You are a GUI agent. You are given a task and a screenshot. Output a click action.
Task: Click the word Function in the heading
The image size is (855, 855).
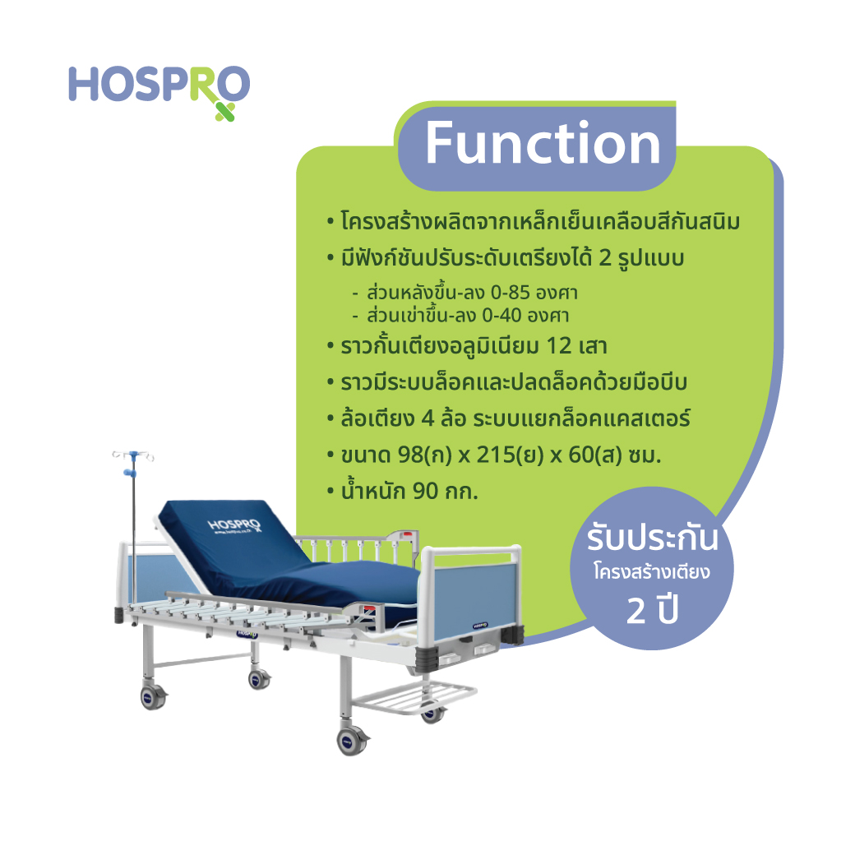tap(543, 143)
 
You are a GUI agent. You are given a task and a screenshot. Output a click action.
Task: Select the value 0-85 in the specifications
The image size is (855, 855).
tap(510, 293)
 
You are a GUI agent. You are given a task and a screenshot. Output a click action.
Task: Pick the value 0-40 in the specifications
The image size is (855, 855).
tap(501, 315)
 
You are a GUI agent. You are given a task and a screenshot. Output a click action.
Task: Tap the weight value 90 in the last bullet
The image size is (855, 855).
tap(425, 492)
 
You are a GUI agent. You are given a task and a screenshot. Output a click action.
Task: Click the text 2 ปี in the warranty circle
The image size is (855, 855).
tap(652, 610)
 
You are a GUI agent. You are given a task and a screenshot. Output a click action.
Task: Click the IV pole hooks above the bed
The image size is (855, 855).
tap(133, 455)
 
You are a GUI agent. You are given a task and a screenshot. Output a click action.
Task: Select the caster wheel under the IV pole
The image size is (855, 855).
tap(153, 696)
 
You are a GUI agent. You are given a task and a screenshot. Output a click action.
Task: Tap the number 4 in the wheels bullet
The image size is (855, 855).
tap(427, 418)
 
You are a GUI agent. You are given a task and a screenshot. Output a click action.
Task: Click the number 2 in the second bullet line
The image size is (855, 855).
tap(605, 258)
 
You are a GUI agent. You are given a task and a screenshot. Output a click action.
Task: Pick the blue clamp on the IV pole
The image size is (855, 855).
tap(129, 472)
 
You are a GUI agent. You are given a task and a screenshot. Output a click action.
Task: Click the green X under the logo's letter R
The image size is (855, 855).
tap(224, 112)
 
